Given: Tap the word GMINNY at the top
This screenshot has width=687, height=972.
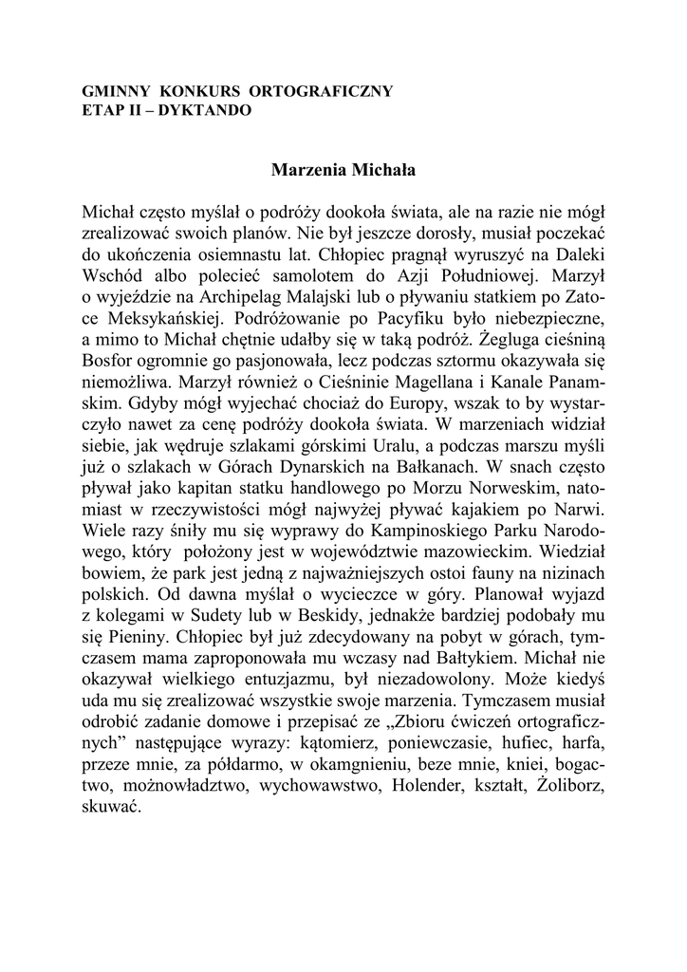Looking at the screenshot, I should (115, 91).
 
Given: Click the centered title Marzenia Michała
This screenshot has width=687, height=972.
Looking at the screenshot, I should (343, 172).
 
